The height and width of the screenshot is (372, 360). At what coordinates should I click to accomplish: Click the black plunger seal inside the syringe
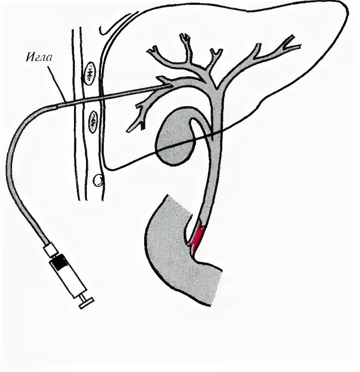click(x=59, y=261)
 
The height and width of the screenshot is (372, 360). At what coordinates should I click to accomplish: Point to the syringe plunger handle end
click(x=86, y=303)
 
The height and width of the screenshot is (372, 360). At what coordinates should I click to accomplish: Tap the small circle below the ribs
click(x=98, y=180)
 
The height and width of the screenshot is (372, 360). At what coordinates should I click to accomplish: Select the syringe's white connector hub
click(x=50, y=249)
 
